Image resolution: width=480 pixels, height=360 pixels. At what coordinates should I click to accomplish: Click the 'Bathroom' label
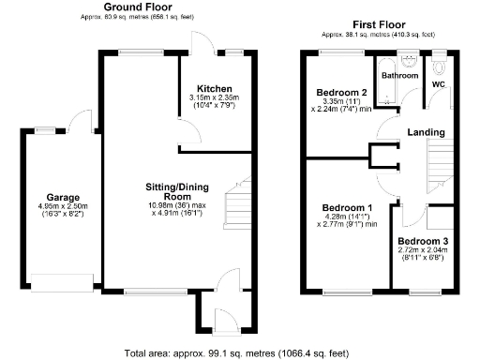[398, 74]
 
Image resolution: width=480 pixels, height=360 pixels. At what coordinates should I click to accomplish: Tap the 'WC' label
[437, 84]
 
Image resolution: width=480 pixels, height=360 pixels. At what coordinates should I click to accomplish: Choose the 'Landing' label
[426, 133]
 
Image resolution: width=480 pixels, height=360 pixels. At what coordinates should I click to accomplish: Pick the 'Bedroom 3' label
[423, 242]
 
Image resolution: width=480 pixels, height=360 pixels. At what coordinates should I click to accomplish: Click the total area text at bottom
[235, 353]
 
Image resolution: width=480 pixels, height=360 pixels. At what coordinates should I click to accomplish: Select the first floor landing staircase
[440, 164]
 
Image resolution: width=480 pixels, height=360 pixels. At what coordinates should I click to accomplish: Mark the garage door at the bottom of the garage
[57, 279]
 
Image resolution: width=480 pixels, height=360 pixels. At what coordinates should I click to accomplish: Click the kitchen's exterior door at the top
[200, 41]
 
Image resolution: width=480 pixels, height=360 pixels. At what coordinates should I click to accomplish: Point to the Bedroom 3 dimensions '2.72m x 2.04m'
[423, 251]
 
